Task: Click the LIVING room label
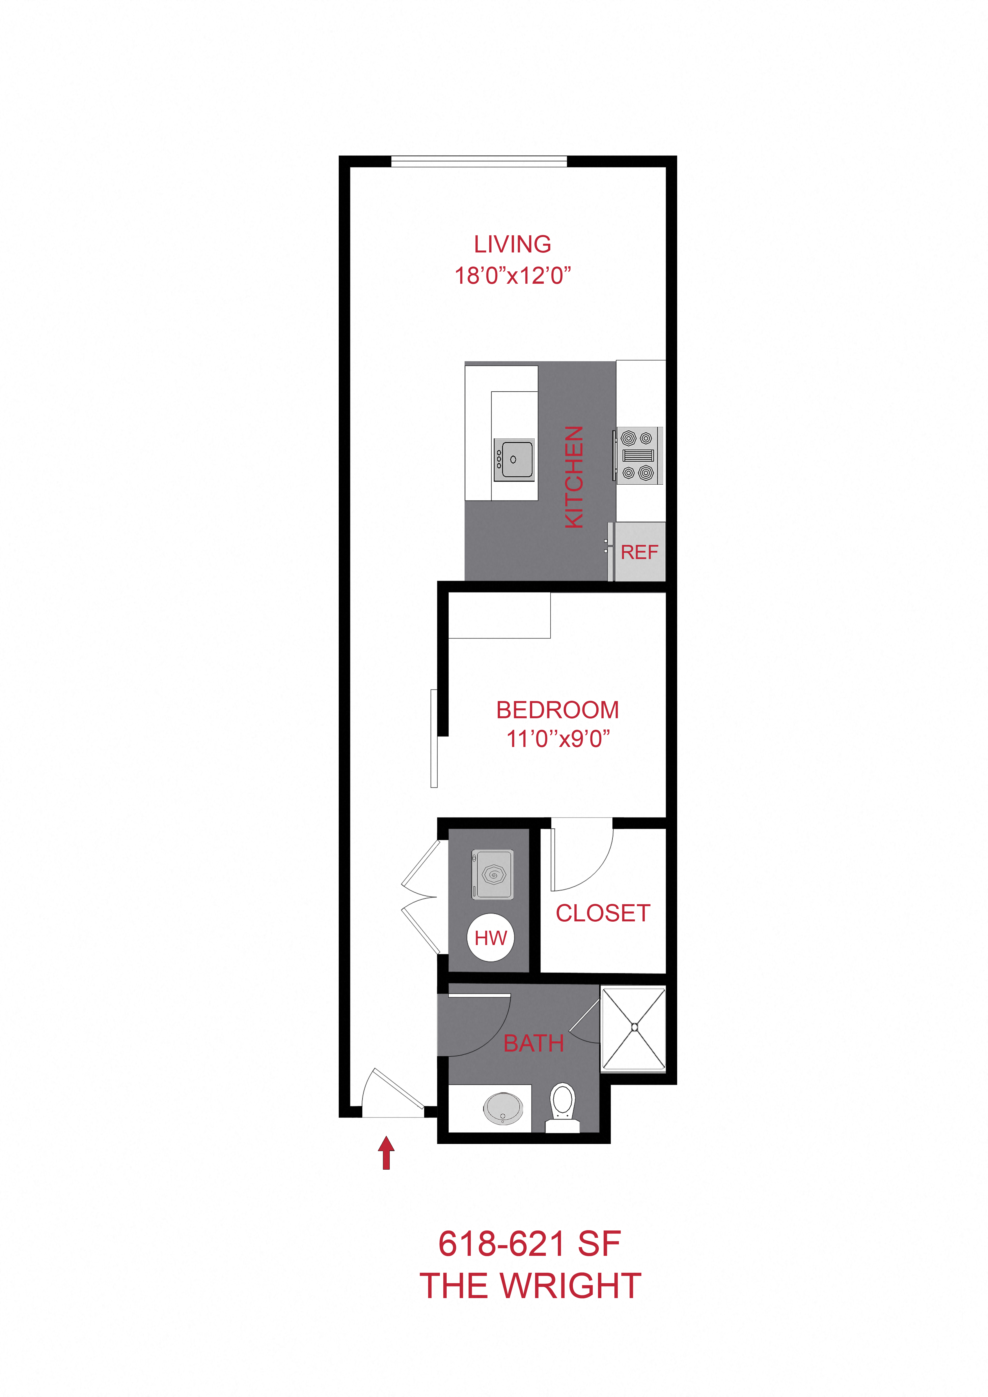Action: [512, 245]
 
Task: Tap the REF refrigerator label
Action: [639, 553]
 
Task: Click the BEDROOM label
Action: [557, 710]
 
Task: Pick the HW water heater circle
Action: [490, 938]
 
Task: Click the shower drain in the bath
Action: [634, 1027]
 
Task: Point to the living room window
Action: [479, 162]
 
